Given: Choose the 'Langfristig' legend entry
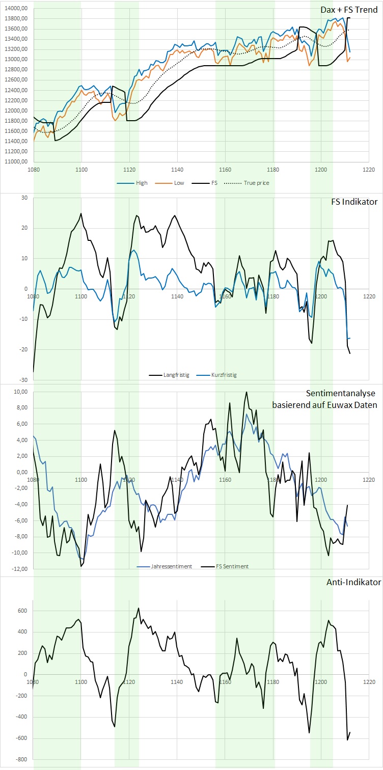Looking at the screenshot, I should point(176,375).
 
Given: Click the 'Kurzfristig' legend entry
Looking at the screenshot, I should point(224,375).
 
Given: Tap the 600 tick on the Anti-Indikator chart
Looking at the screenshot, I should point(22,611).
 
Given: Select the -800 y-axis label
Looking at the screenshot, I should point(21,759).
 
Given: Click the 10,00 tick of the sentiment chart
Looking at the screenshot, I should point(20,392).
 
